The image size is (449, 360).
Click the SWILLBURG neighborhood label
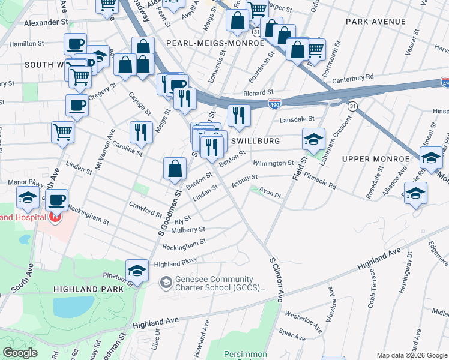(x=255, y=140)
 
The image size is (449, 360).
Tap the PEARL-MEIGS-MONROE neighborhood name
(x=215, y=43)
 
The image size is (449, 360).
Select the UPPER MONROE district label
(x=375, y=158)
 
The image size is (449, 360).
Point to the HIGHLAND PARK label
(x=89, y=289)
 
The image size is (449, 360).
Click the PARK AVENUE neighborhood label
(x=376, y=22)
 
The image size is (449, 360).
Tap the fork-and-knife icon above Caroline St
(x=140, y=132)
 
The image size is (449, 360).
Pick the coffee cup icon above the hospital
(x=57, y=200)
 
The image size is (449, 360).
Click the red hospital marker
(x=55, y=217)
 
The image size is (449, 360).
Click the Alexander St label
(x=46, y=22)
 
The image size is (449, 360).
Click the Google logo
(x=20, y=353)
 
